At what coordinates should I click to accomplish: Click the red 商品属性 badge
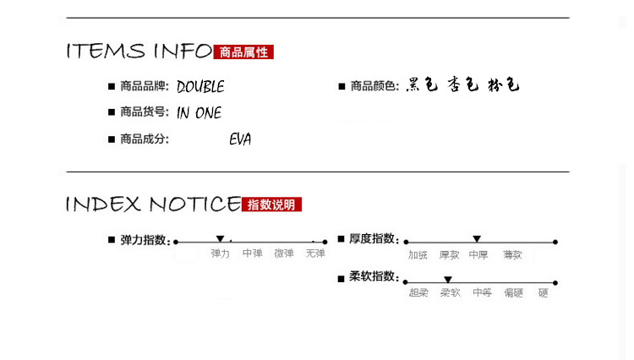point(243,52)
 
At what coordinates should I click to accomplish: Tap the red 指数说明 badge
point(271,205)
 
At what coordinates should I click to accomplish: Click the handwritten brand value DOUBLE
point(200,87)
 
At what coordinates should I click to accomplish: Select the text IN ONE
point(199,113)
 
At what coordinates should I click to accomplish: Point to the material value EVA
point(240,139)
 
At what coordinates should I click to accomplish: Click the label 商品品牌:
point(145,86)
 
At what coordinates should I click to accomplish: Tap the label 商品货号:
point(145,112)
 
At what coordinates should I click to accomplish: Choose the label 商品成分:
point(145,139)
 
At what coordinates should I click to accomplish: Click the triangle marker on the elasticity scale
point(220,239)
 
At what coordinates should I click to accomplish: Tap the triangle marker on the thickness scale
point(477,239)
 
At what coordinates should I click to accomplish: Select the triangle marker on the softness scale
point(448,279)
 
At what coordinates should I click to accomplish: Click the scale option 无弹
point(315,254)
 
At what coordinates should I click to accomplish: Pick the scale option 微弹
point(284,254)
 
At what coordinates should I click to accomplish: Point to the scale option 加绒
point(418,254)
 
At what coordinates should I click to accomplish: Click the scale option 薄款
point(512,254)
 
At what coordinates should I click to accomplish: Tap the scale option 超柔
point(418,293)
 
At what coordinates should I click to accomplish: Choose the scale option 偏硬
point(513,293)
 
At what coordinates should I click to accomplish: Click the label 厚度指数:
point(373,239)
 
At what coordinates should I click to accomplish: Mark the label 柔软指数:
point(373,276)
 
